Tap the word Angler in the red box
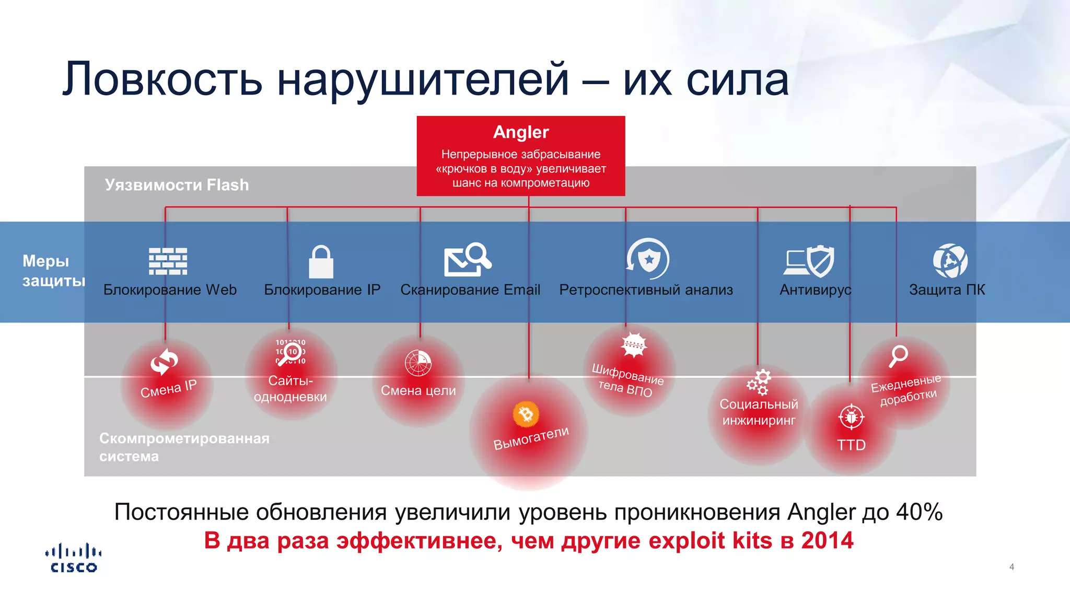click(x=521, y=132)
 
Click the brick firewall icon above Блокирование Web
click(x=168, y=261)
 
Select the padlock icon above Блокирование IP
click(x=321, y=262)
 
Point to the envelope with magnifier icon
click(x=467, y=259)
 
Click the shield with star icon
click(x=648, y=259)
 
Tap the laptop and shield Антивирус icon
click(x=809, y=261)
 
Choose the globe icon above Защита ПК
click(x=950, y=260)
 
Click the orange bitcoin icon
click(x=526, y=414)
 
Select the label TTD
click(x=851, y=445)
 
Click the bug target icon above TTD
click(x=851, y=417)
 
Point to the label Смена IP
click(x=168, y=388)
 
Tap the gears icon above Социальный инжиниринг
click(x=759, y=383)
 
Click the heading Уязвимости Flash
click(x=177, y=185)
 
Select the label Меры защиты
click(x=52, y=271)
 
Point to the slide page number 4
click(x=1011, y=567)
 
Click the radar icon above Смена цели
click(x=418, y=363)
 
